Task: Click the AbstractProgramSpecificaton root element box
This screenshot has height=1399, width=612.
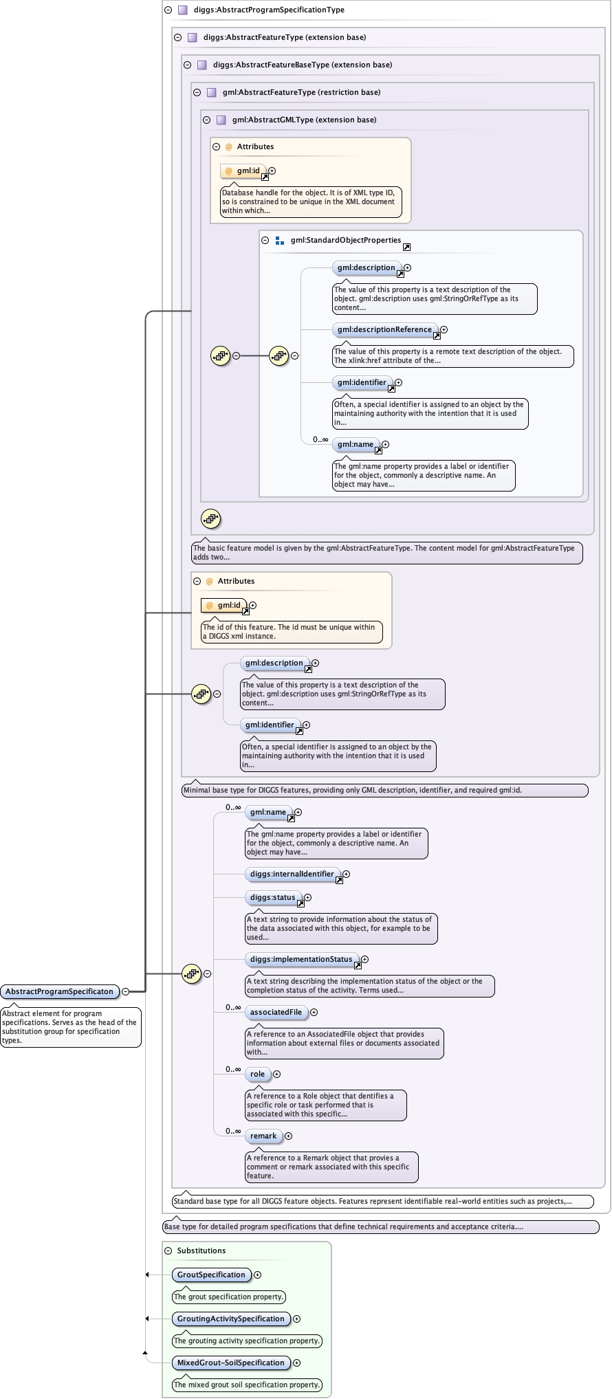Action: tap(59, 991)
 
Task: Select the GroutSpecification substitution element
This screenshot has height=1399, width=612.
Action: tap(211, 1275)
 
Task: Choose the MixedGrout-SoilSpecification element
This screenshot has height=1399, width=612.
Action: tap(230, 1363)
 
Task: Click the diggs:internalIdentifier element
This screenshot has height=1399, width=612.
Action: tap(292, 874)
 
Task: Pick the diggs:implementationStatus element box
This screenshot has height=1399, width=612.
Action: tap(300, 959)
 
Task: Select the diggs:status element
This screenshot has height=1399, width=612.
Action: tap(272, 897)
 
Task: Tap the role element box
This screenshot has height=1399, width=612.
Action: tap(257, 1074)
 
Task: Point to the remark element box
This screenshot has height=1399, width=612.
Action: tap(263, 1136)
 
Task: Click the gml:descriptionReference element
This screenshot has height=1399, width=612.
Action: tap(384, 329)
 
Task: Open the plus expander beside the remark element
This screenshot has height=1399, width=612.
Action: tap(289, 1136)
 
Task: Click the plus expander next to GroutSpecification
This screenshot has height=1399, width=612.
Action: tap(258, 1275)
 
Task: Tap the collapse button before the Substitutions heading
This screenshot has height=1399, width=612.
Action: tap(168, 1251)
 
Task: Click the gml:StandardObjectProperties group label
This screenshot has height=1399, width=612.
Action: tap(345, 240)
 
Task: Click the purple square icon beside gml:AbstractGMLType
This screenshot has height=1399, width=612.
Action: tap(221, 120)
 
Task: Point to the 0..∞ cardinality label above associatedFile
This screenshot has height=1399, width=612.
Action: tap(233, 1007)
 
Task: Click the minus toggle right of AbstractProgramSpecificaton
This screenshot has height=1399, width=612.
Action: tap(125, 991)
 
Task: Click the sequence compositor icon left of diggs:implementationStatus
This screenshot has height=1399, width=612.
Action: tap(191, 973)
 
